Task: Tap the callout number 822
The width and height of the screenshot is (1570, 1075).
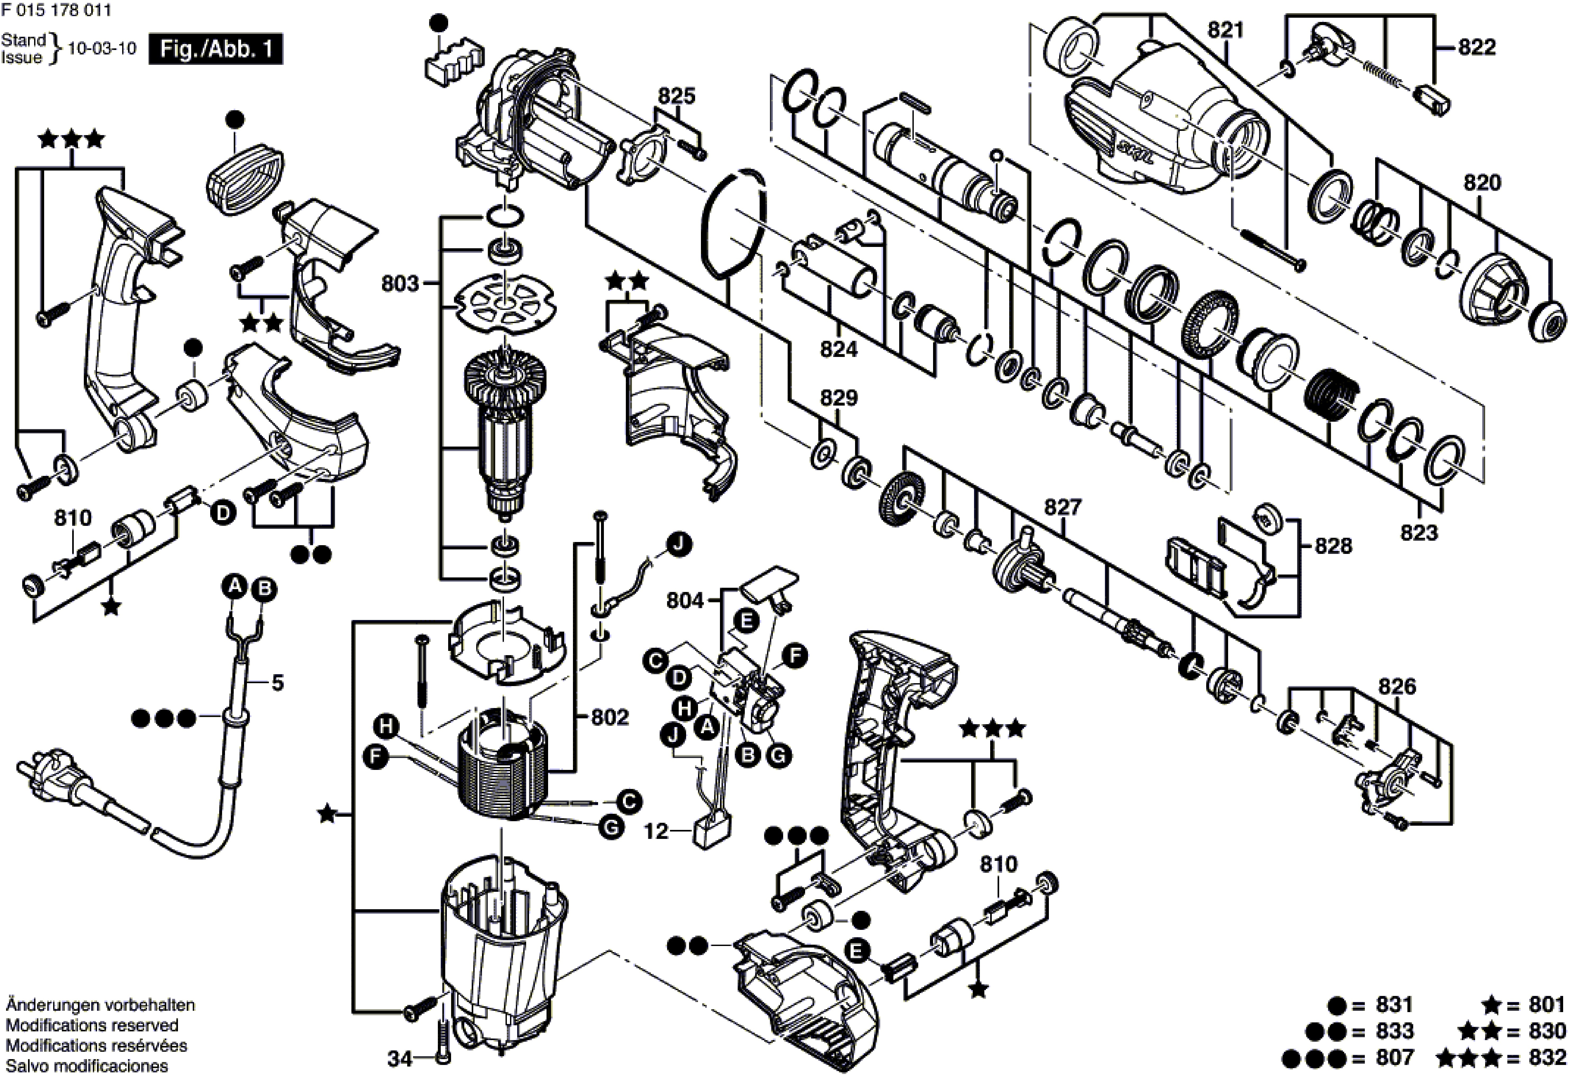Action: click(1477, 47)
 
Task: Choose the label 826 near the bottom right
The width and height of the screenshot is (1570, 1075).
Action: click(1397, 687)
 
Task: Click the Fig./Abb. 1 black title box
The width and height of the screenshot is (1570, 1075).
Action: click(215, 49)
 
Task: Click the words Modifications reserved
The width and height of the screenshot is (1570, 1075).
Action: click(93, 1026)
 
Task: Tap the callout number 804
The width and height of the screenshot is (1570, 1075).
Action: click(685, 600)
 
